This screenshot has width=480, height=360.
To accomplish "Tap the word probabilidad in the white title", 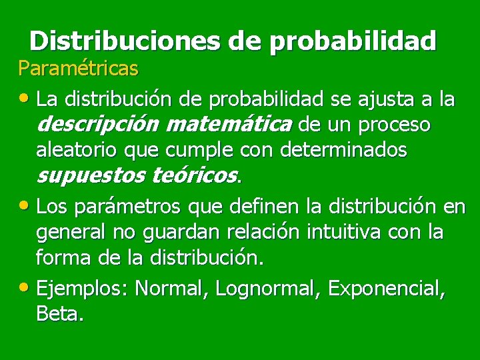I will (353, 41).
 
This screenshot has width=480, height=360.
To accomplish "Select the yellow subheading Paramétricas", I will (78, 69).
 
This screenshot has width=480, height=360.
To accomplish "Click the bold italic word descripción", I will (98, 125).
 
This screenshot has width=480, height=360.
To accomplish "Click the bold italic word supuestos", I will (91, 176).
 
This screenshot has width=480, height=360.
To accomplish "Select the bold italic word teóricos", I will (195, 176).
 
